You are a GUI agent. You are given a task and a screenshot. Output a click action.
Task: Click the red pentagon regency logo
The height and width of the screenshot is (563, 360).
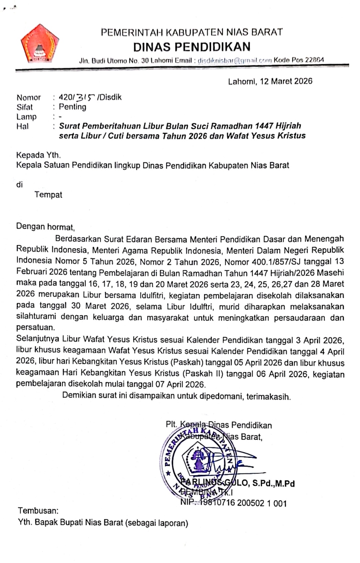(x=40, y=44)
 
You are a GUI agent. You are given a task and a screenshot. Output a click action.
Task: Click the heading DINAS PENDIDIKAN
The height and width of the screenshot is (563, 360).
(x=192, y=47)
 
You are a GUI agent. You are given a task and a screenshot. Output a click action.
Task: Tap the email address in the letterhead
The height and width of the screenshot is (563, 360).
(x=235, y=61)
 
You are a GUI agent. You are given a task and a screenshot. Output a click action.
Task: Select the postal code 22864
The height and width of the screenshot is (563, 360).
(x=314, y=60)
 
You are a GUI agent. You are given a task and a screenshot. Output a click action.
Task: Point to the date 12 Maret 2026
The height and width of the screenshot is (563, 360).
(x=286, y=81)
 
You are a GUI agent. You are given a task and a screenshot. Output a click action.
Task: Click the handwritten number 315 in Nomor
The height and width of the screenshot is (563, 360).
(x=85, y=97)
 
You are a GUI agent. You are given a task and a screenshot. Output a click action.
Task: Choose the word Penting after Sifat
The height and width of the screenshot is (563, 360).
(x=72, y=107)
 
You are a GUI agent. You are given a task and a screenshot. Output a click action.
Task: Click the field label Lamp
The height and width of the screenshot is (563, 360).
(x=26, y=117)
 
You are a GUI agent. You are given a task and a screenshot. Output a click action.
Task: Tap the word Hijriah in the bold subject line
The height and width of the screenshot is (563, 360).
(x=288, y=126)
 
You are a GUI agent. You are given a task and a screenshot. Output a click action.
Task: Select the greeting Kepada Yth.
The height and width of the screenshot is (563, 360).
(x=38, y=155)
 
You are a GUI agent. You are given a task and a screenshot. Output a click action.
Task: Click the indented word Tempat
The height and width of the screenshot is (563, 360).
(x=48, y=195)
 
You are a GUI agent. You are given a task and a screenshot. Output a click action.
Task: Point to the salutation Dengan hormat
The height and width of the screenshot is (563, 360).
(x=45, y=227)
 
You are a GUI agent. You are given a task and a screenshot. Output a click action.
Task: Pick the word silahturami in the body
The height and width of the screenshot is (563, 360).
(x=36, y=317)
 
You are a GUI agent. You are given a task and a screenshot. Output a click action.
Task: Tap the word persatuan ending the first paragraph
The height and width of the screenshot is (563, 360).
(x=35, y=328)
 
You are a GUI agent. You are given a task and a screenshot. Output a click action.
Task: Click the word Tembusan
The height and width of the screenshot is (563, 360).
(x=38, y=511)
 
